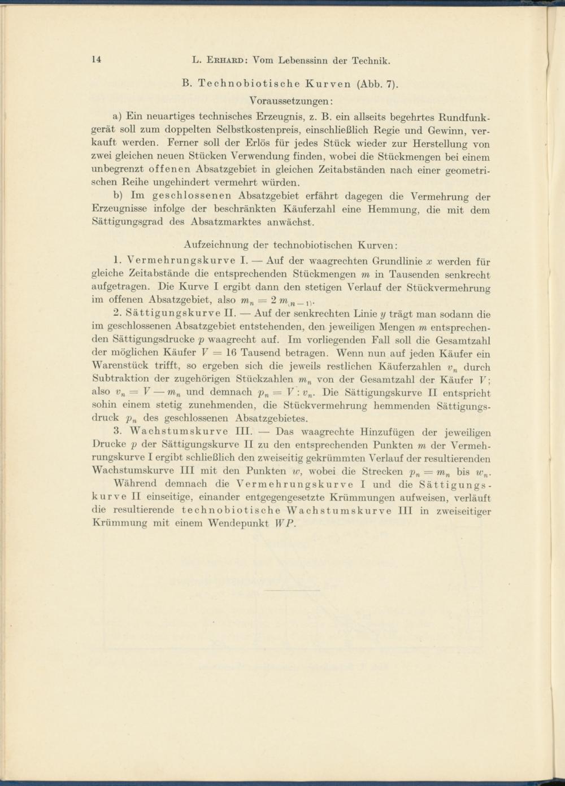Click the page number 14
click(x=95, y=60)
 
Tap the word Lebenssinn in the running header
click(x=306, y=60)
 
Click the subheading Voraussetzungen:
click(x=290, y=101)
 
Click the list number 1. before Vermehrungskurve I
click(x=118, y=261)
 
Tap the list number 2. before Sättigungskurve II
click(x=118, y=314)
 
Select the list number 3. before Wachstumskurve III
click(x=118, y=432)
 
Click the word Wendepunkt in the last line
click(x=242, y=523)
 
